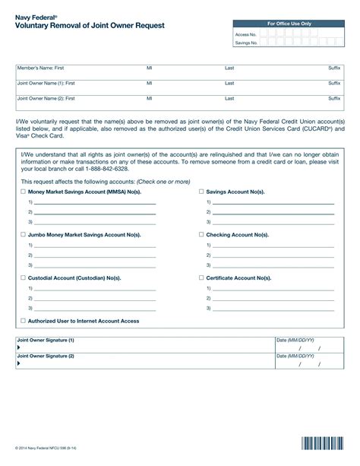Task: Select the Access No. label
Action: click(x=246, y=35)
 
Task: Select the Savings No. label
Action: click(x=246, y=43)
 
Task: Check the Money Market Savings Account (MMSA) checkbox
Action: click(x=23, y=192)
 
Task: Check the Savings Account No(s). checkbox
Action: click(x=201, y=192)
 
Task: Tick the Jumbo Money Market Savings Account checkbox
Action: click(x=23, y=236)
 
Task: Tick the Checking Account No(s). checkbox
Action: click(x=201, y=236)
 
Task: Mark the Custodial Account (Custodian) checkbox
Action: click(x=23, y=278)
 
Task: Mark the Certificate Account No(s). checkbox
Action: click(x=201, y=278)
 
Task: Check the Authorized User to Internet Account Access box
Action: click(x=23, y=321)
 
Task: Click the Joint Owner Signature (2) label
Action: click(x=46, y=355)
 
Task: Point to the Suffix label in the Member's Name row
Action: click(x=334, y=68)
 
